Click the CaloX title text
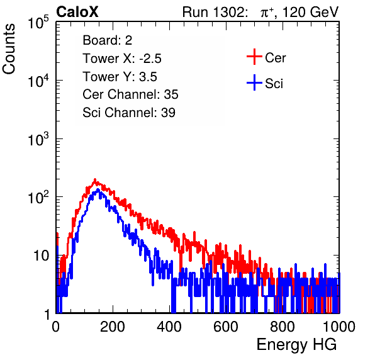(x=77, y=12)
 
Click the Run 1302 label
(x=215, y=12)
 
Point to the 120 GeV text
(x=310, y=12)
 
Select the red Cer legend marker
(x=254, y=57)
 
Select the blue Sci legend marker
(x=254, y=82)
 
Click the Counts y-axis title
(x=9, y=49)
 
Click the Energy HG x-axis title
(x=296, y=345)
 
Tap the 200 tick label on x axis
(x=113, y=326)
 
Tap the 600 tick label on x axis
(x=226, y=326)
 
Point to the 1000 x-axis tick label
(x=339, y=326)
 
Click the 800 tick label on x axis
(x=283, y=326)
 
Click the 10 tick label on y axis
(x=41, y=256)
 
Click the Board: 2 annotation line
(x=108, y=40)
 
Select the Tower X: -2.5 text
(x=122, y=59)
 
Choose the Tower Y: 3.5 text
(x=120, y=77)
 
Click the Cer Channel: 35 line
(x=130, y=94)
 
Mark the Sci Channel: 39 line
(x=129, y=113)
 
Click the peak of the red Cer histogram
(x=95, y=179)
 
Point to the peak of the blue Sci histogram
(x=98, y=189)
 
